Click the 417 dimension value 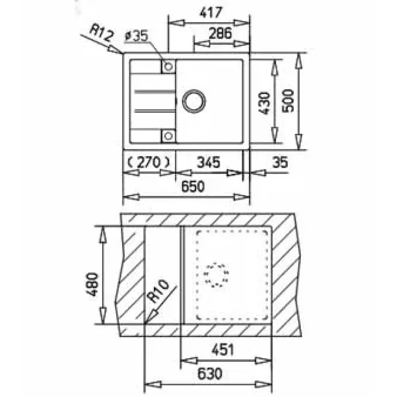(211, 12)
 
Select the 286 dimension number (220, 33)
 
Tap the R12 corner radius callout (102, 33)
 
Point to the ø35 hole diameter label (136, 36)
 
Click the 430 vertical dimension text (265, 103)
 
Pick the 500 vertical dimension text (288, 101)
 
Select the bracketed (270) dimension (148, 162)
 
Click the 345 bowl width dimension (208, 162)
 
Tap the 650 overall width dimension (193, 187)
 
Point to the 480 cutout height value (92, 284)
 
